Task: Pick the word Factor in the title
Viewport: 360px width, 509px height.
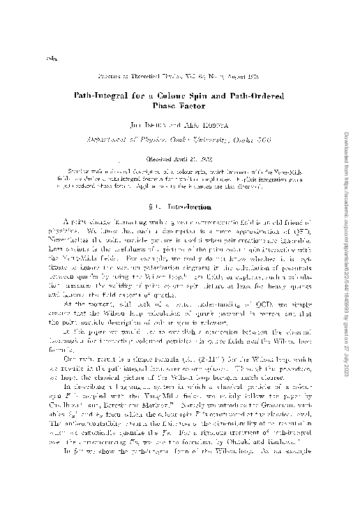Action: pos(195,102)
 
